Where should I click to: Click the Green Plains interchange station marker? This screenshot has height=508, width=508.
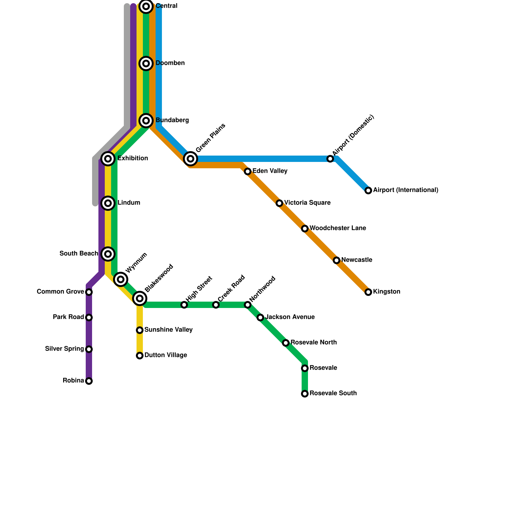pyautogui.click(x=190, y=158)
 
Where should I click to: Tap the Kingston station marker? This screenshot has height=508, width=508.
pyautogui.click(x=368, y=292)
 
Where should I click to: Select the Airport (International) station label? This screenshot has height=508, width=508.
pyautogui.click(x=406, y=190)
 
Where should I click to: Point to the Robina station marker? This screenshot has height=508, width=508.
pyautogui.click(x=89, y=381)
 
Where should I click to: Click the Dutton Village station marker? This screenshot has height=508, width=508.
pyautogui.click(x=140, y=356)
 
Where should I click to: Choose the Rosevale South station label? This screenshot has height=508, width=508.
pyautogui.click(x=333, y=393)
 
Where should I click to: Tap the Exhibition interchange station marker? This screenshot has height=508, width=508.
pyautogui.click(x=108, y=158)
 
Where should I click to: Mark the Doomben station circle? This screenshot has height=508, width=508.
pyautogui.click(x=146, y=63)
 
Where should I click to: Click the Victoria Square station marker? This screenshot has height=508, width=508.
pyautogui.click(x=279, y=203)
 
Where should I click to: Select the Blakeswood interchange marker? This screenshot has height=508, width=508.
pyautogui.click(x=140, y=298)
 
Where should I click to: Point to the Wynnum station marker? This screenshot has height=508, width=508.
pyautogui.click(x=121, y=279)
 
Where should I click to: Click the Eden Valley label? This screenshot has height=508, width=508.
pyautogui.click(x=270, y=171)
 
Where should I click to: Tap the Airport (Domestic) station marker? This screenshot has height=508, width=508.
pyautogui.click(x=330, y=159)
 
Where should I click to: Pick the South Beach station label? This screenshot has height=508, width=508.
pyautogui.click(x=79, y=254)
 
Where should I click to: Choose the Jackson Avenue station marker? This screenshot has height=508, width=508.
pyautogui.click(x=260, y=317)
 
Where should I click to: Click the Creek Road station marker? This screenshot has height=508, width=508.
pyautogui.click(x=216, y=305)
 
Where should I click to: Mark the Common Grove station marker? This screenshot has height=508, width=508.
pyautogui.click(x=89, y=292)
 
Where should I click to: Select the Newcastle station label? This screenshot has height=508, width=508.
pyautogui.click(x=357, y=260)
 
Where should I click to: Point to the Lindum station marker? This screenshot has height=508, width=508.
pyautogui.click(x=108, y=203)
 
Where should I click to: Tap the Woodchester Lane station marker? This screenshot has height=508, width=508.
pyautogui.click(x=305, y=229)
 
